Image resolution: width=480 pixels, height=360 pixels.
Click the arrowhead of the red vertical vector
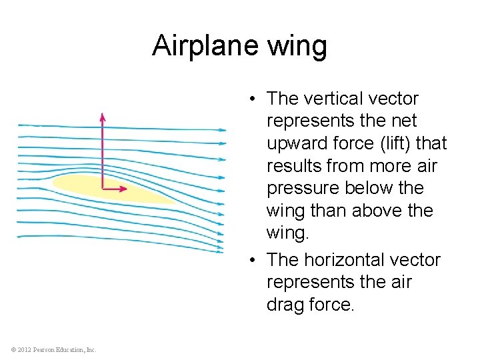[x=102, y=117]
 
